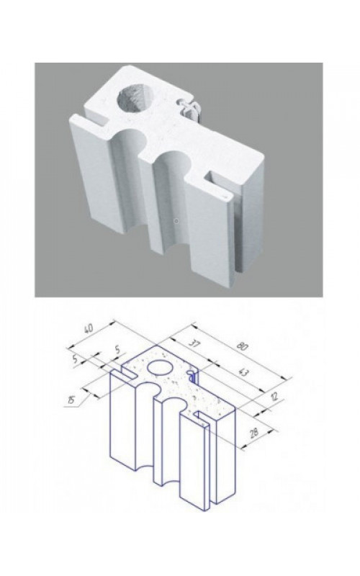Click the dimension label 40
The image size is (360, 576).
tap(89, 328)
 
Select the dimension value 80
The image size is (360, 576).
tap(243, 346)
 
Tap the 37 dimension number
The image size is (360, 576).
tap(194, 344)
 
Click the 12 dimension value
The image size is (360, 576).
tap(274, 397)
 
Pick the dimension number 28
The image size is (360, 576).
tap(254, 433)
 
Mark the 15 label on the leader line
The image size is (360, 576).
tap(72, 400)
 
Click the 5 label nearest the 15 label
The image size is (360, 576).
tap(75, 359)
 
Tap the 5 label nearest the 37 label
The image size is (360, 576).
tap(117, 350)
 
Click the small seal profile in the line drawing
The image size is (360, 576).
tap(192, 376)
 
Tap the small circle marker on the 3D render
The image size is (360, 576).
tap(176, 221)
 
